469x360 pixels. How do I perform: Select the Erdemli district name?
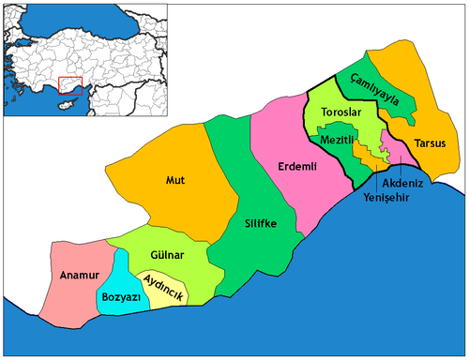(299, 167)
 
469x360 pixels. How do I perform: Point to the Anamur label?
(72, 276)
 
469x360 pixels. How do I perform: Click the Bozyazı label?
(119, 298)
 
